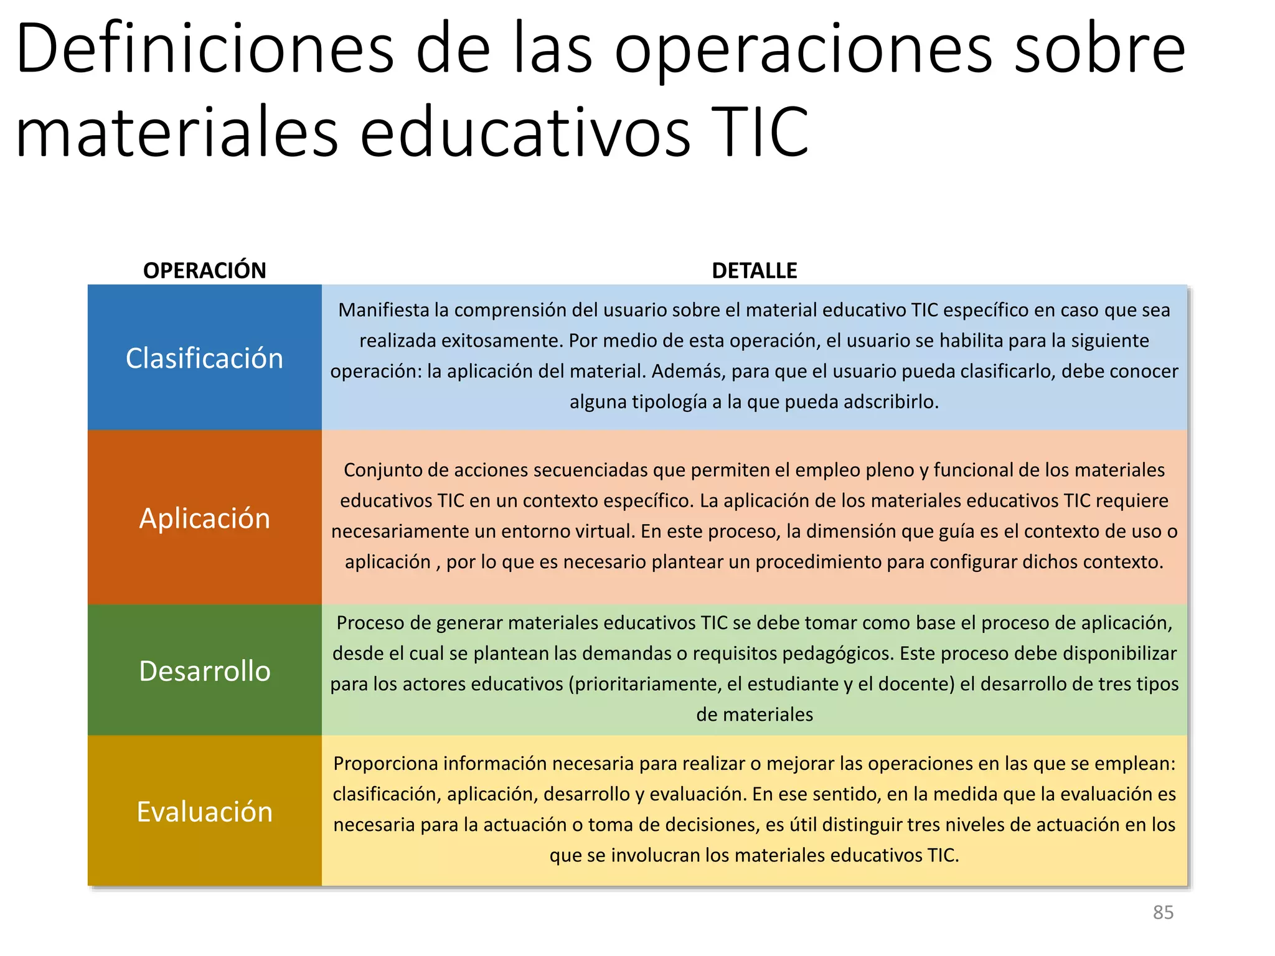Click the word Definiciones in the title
[x=205, y=50]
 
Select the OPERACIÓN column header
[x=204, y=271]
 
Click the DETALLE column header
[x=754, y=271]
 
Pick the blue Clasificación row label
[x=204, y=358]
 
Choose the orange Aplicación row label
[x=204, y=518]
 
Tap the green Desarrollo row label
[x=204, y=671]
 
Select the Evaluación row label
[x=204, y=812]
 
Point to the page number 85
[x=1163, y=912]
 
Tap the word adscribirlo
[x=891, y=401]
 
